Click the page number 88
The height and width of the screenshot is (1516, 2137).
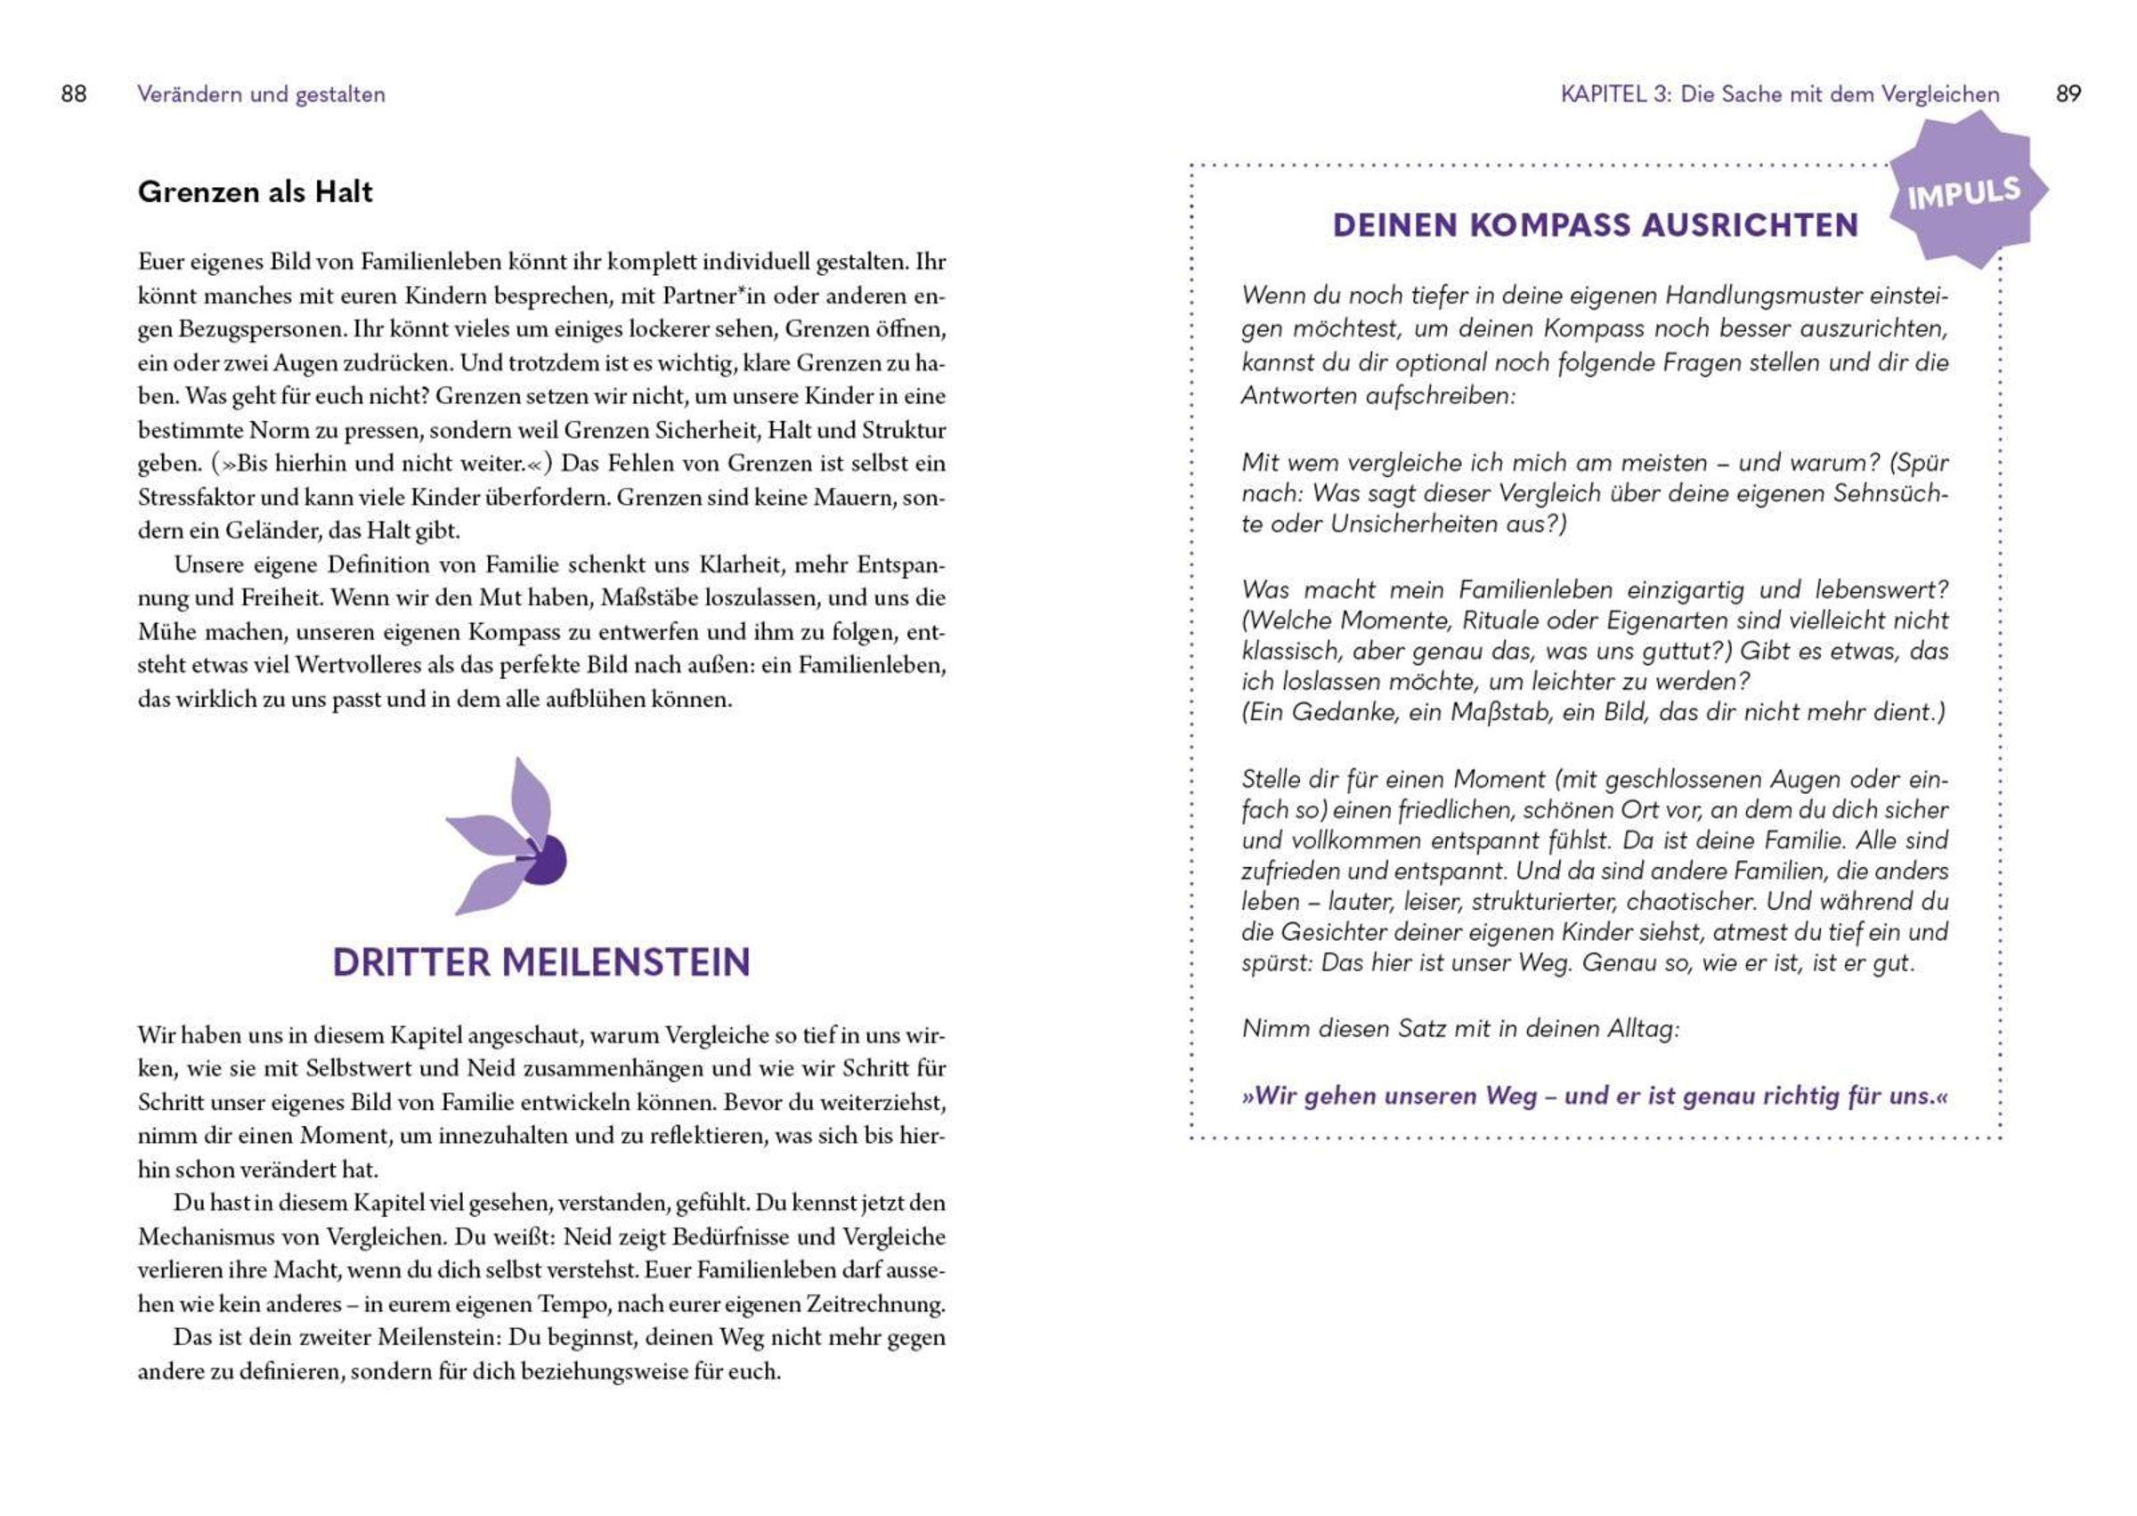point(74,94)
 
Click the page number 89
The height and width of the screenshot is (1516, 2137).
point(2068,94)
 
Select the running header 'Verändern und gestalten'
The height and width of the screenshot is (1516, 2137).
point(262,94)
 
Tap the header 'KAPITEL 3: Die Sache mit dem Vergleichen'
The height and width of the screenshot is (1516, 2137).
point(1779,94)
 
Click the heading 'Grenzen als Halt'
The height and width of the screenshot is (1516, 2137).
point(255,192)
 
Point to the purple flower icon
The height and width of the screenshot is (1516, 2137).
point(508,838)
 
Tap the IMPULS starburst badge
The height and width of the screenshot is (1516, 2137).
point(1964,193)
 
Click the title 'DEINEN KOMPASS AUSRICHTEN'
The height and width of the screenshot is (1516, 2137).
point(1595,226)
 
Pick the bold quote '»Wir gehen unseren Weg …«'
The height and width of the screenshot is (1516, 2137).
point(1595,1096)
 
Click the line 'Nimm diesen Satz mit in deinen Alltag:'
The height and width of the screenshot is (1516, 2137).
point(1460,1029)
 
